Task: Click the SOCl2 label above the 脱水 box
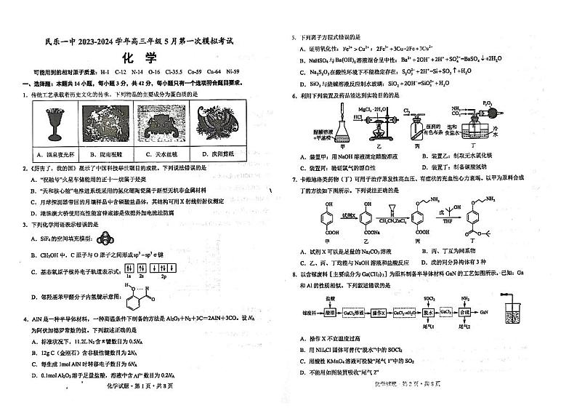[429, 298]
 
